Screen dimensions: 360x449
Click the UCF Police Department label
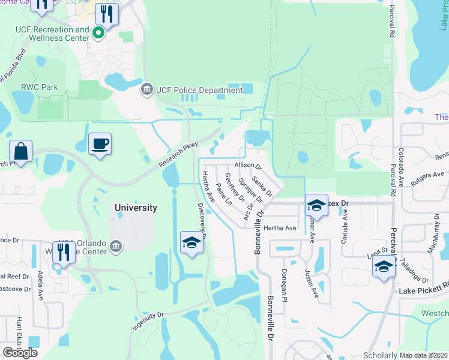coord(199,91)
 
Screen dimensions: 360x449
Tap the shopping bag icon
coord(20,152)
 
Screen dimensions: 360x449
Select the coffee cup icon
coord(100,145)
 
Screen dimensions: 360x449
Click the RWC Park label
coord(40,87)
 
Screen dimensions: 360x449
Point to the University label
coord(136,208)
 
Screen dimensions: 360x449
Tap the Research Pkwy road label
coord(178,155)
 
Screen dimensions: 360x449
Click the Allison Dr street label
coord(249,165)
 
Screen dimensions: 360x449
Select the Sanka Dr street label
coord(262,185)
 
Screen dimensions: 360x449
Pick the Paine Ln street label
coord(223,195)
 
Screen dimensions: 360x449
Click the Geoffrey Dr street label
coord(235,187)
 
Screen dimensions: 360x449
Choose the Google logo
coord(20,353)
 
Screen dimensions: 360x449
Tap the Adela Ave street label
coord(41,285)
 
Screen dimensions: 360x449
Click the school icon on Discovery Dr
coord(191,242)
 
